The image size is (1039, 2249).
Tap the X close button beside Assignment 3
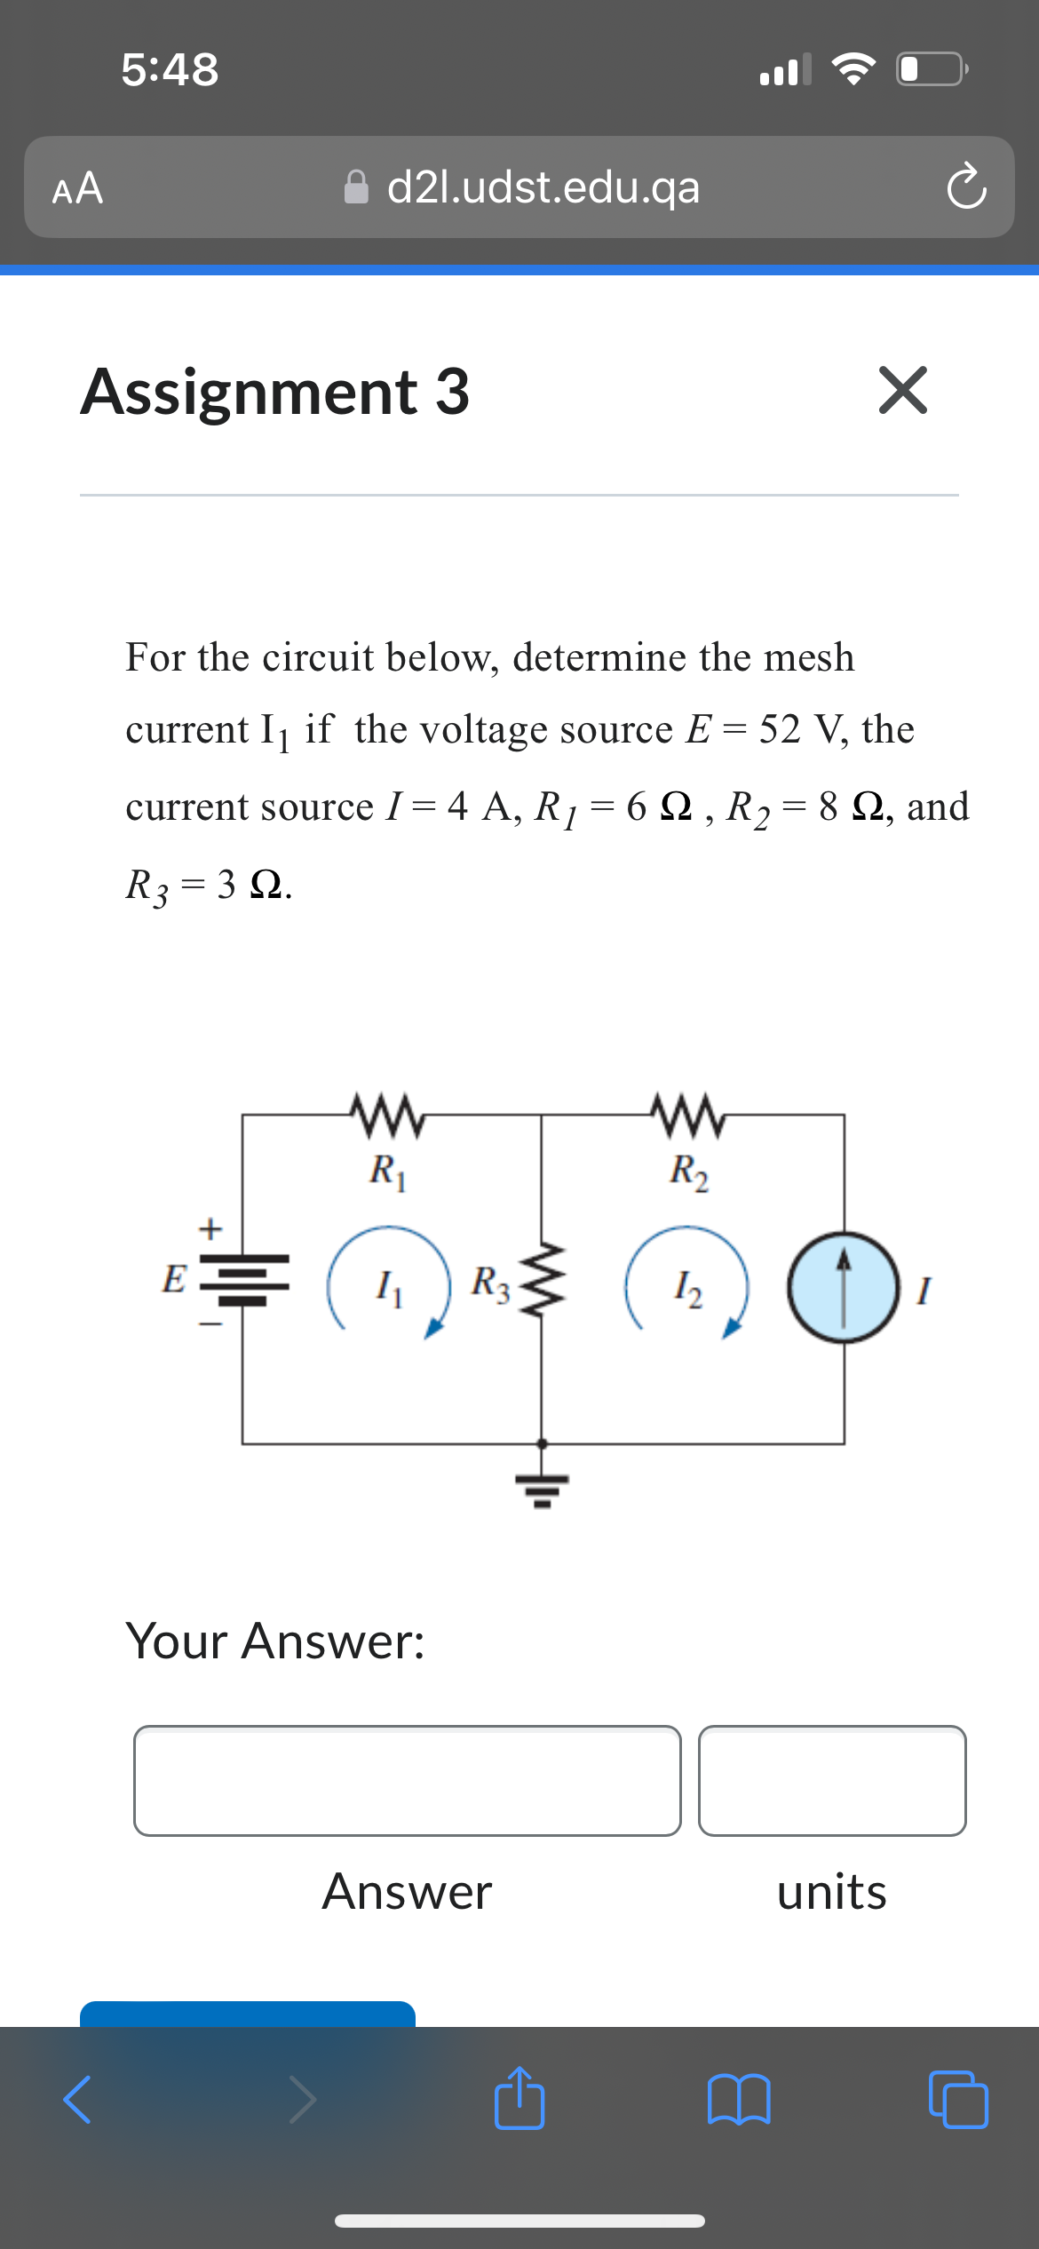coord(902,390)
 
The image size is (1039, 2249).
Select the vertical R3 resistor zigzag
coord(542,1280)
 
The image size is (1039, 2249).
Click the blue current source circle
coord(844,1286)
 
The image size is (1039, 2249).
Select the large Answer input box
coord(407,1780)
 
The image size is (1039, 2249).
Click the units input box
coord(831,1780)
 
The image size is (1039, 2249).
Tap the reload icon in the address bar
coord(965,187)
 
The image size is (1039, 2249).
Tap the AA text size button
coord(78,188)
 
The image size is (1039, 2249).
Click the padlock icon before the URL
coord(356,187)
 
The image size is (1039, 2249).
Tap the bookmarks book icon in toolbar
coord(739,2100)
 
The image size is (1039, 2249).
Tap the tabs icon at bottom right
coord(957,2100)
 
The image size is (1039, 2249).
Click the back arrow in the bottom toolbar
coord(78,2100)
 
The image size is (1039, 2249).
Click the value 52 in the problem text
coord(780,729)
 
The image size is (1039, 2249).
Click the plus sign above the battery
coord(210,1229)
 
